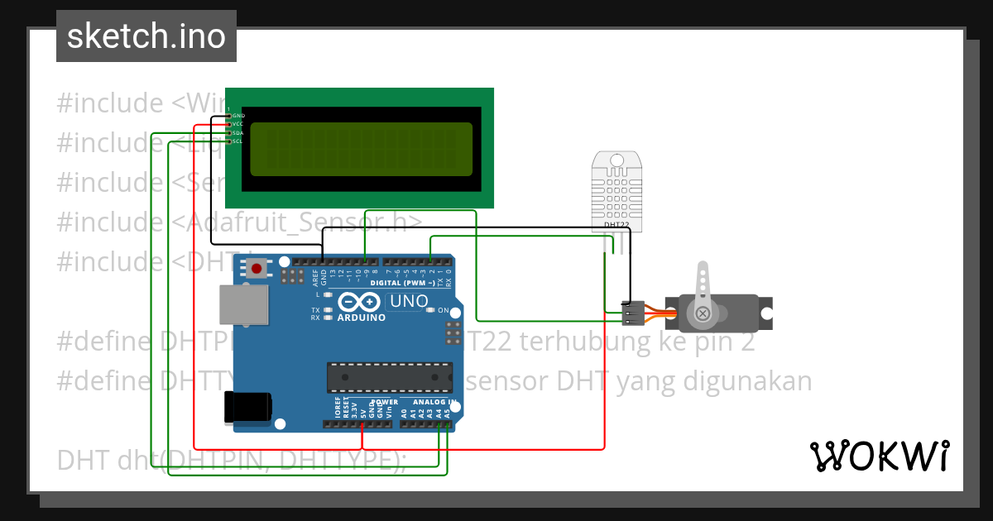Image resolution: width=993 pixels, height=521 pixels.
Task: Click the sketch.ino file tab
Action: (x=146, y=36)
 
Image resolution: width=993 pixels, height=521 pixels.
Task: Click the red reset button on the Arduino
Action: (x=257, y=268)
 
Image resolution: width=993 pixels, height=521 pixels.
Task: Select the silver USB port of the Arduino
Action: (x=243, y=304)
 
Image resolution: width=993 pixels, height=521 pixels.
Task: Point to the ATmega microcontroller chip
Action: (x=390, y=376)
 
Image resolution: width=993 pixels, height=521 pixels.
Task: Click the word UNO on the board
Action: (x=408, y=301)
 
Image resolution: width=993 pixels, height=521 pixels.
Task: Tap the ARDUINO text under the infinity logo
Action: (x=361, y=318)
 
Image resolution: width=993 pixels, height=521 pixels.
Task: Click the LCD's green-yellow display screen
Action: (x=361, y=149)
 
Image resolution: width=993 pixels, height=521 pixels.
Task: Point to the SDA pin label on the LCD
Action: (x=237, y=132)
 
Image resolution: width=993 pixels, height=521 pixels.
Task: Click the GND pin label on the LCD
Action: (x=237, y=115)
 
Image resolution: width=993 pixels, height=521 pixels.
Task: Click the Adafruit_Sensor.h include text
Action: (x=298, y=222)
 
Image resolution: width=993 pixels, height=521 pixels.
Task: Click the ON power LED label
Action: (x=443, y=310)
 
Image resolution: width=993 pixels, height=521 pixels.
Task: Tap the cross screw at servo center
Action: (x=703, y=313)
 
